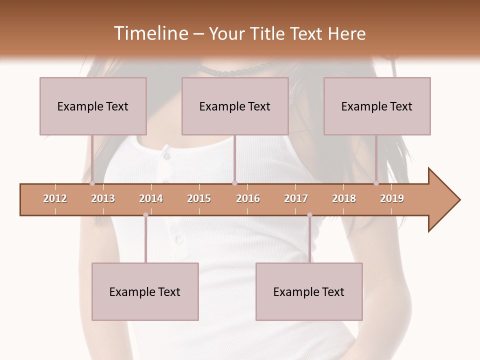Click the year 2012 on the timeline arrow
55,198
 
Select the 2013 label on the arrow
103,198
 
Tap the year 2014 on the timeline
151,198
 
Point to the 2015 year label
199,198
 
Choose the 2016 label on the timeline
248,198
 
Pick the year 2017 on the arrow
296,198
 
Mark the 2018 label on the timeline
344,198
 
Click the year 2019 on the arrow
392,198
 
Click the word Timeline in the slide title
149,33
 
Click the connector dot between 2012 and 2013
92,183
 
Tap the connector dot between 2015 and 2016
234,183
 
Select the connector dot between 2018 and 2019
376,183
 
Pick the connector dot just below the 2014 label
145,215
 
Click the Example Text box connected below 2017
309,291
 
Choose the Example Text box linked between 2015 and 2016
235,106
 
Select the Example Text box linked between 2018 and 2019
377,106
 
